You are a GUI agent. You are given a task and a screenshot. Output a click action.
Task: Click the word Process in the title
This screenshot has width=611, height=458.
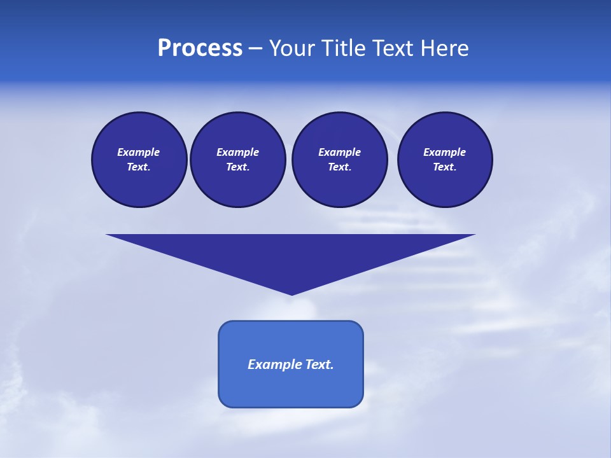pos(200,48)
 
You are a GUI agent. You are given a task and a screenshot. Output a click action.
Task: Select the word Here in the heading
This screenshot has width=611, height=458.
pos(445,48)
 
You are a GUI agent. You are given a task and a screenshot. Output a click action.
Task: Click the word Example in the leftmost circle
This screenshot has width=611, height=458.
pos(139,152)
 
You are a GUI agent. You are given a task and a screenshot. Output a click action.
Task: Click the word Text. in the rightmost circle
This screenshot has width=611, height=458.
pos(445,167)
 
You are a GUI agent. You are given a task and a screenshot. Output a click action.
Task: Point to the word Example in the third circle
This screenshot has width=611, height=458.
pos(339,152)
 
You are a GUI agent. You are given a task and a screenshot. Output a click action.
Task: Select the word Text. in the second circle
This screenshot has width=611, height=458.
pos(237,167)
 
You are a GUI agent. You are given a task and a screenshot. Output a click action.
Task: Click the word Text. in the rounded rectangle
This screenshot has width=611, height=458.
pos(320,364)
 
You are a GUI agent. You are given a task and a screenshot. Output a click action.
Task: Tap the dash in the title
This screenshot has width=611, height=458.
pos(255,48)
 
